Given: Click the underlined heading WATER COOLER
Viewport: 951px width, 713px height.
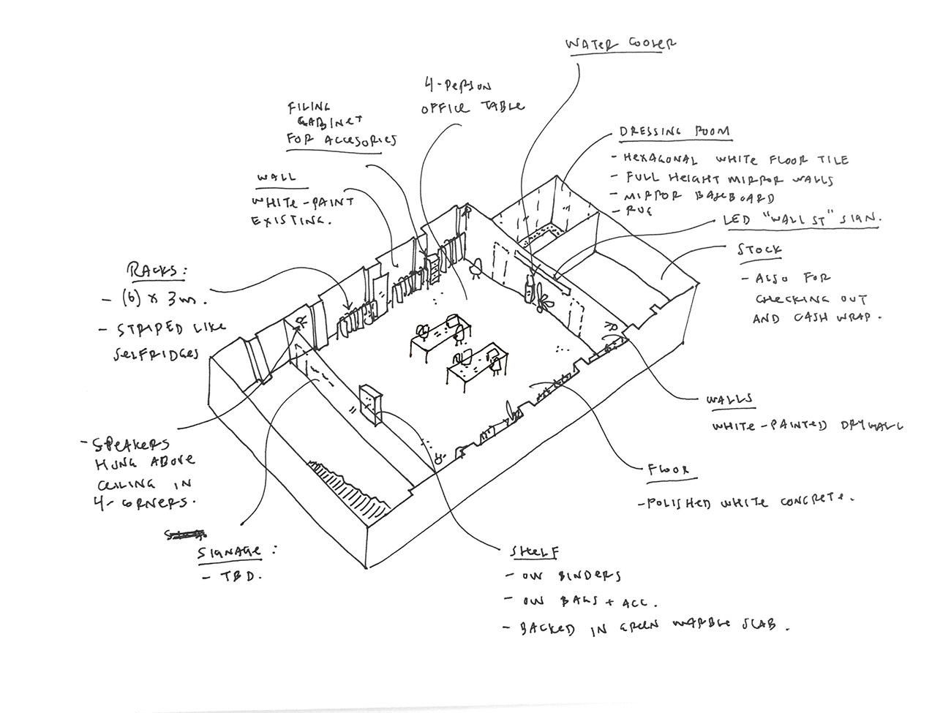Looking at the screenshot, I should [620, 44].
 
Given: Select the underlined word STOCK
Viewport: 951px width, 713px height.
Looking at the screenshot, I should [759, 250].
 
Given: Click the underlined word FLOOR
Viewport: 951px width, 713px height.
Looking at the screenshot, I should [667, 470].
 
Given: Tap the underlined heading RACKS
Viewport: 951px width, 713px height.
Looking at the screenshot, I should [157, 271].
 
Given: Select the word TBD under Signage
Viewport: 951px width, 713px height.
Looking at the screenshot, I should [242, 576].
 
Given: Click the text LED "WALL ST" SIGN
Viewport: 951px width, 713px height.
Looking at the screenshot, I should [801, 219].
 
